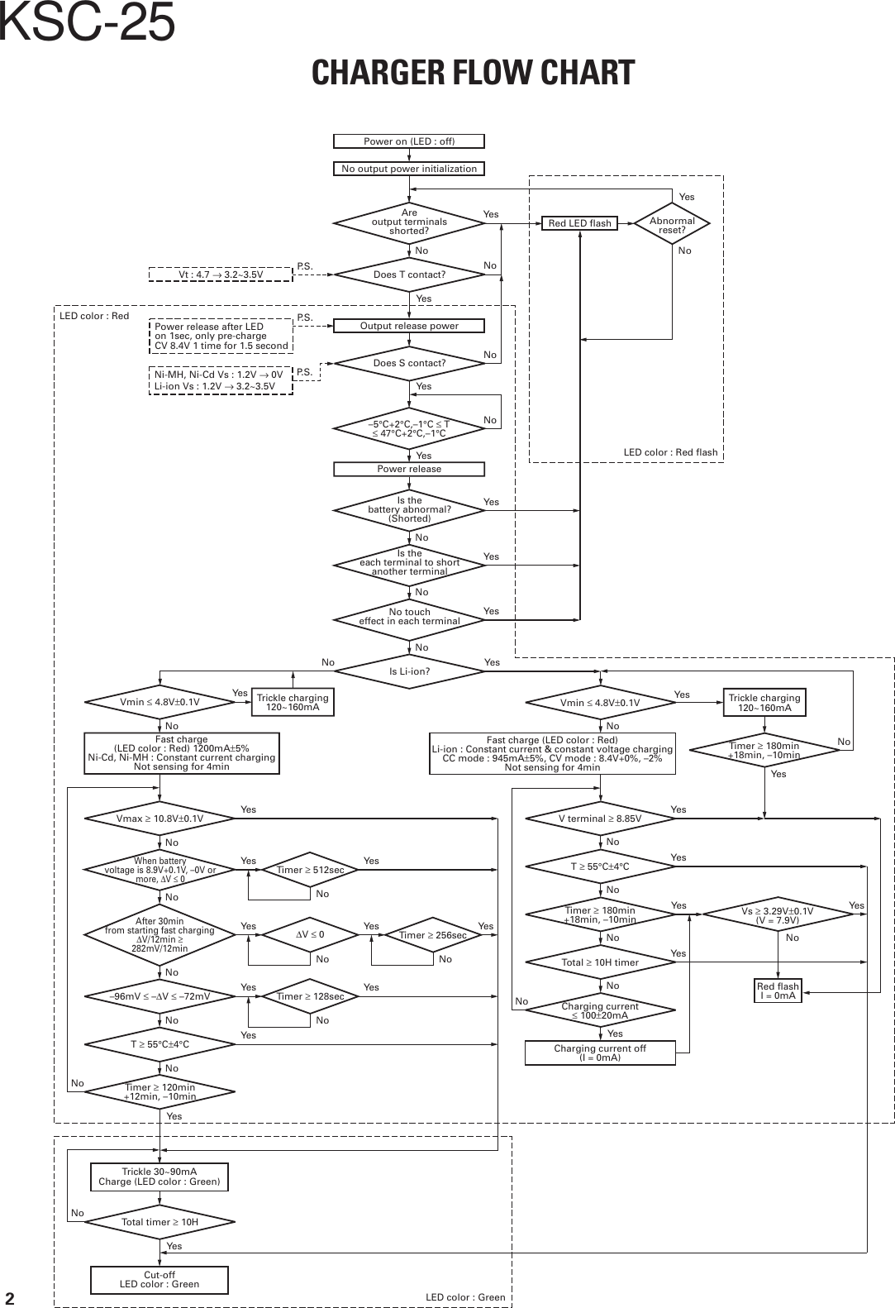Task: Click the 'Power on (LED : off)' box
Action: point(409,141)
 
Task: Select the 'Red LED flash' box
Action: point(579,223)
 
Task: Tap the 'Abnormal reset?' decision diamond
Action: point(672,225)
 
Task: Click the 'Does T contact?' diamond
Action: point(409,274)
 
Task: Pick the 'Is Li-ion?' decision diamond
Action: point(409,671)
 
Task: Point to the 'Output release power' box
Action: point(409,326)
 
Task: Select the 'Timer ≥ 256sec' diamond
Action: point(433,934)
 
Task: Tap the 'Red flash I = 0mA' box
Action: point(778,991)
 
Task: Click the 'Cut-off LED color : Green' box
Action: point(159,1279)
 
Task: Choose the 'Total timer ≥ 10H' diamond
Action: point(159,1221)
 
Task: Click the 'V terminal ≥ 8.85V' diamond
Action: point(600,819)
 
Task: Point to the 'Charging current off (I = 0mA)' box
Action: point(600,1053)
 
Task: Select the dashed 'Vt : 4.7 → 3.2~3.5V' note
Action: point(221,274)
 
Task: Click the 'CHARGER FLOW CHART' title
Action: point(473,73)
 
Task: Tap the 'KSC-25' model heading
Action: point(87,22)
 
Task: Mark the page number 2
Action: point(11,1295)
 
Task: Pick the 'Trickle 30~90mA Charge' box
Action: point(159,1177)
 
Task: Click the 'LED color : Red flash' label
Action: point(670,452)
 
